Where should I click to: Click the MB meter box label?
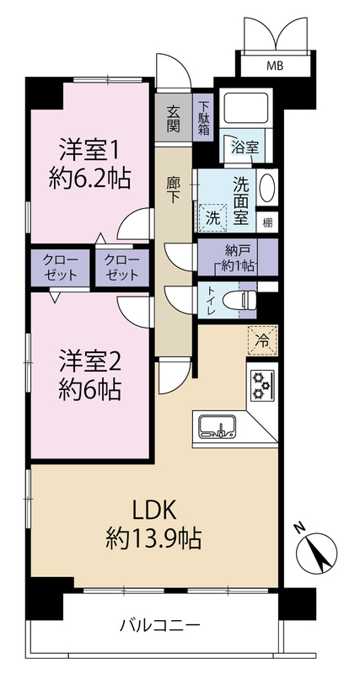(x=275, y=67)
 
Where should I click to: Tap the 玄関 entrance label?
(x=174, y=118)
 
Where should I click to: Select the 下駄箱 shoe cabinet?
(x=205, y=117)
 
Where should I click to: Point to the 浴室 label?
(x=244, y=147)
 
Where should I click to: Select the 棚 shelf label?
(x=267, y=223)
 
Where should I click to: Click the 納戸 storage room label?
(x=236, y=249)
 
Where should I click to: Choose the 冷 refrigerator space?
(x=262, y=341)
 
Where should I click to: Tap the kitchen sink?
(x=217, y=426)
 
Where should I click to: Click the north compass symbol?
(x=317, y=549)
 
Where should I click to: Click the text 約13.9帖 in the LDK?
(x=153, y=538)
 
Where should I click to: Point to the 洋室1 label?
(x=89, y=151)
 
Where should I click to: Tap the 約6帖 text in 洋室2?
(x=89, y=390)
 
